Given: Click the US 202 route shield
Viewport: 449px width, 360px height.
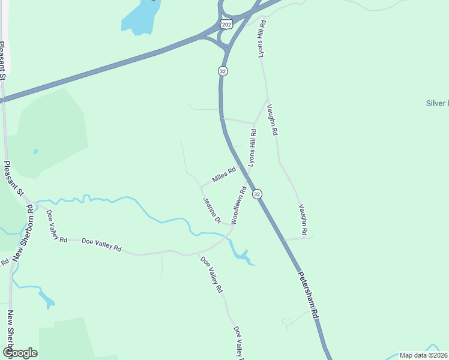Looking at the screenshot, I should tap(226, 24).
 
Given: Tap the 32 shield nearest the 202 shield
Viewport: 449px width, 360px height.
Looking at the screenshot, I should tap(223, 71).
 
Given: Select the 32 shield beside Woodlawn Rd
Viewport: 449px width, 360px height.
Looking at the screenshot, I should tap(257, 194).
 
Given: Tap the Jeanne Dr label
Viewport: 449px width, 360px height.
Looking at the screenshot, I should tap(212, 211).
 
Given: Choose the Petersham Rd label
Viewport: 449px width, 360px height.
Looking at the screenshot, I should tap(307, 297).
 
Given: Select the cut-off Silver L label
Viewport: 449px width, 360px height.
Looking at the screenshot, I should tap(437, 103).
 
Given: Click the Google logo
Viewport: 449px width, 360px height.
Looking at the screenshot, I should tap(20, 353).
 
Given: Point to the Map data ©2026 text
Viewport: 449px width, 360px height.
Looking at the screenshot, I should tap(423, 355).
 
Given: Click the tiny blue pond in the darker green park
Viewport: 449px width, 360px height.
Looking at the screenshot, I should tap(35, 151).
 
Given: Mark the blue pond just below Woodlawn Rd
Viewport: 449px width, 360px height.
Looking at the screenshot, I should tap(243, 256).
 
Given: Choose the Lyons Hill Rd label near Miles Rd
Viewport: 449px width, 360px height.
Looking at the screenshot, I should tap(253, 147).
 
